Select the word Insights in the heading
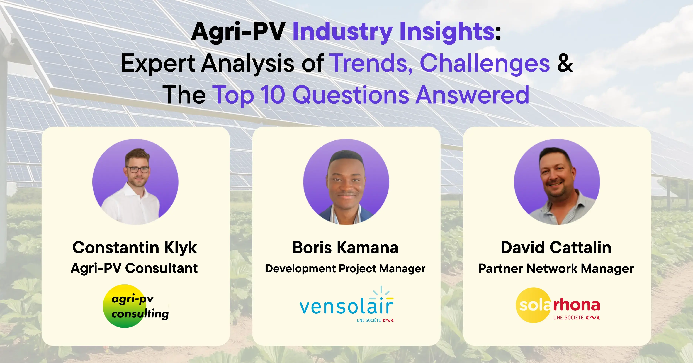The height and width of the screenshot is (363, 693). [447, 32]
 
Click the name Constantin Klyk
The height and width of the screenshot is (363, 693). [135, 248]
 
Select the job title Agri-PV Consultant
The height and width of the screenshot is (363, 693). [134, 268]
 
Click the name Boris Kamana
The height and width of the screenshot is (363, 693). [345, 248]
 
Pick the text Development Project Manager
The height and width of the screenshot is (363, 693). [345, 268]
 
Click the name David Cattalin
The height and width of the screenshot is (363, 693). [556, 248]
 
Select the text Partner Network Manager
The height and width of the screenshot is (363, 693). [556, 268]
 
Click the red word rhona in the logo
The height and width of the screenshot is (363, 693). [577, 305]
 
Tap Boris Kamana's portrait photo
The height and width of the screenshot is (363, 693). [346, 182]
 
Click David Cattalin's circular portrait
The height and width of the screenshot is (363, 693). [557, 182]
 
